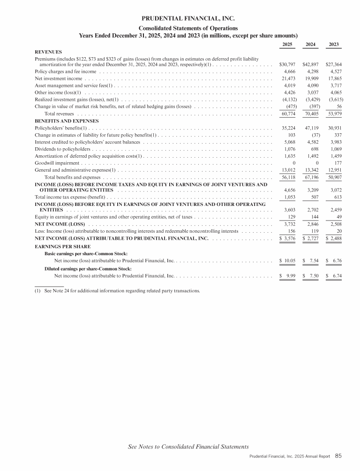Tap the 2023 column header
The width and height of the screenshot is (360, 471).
click(x=334, y=44)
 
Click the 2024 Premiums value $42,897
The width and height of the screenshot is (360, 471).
click(x=310, y=64)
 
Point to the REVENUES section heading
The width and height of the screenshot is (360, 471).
click(x=49, y=52)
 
